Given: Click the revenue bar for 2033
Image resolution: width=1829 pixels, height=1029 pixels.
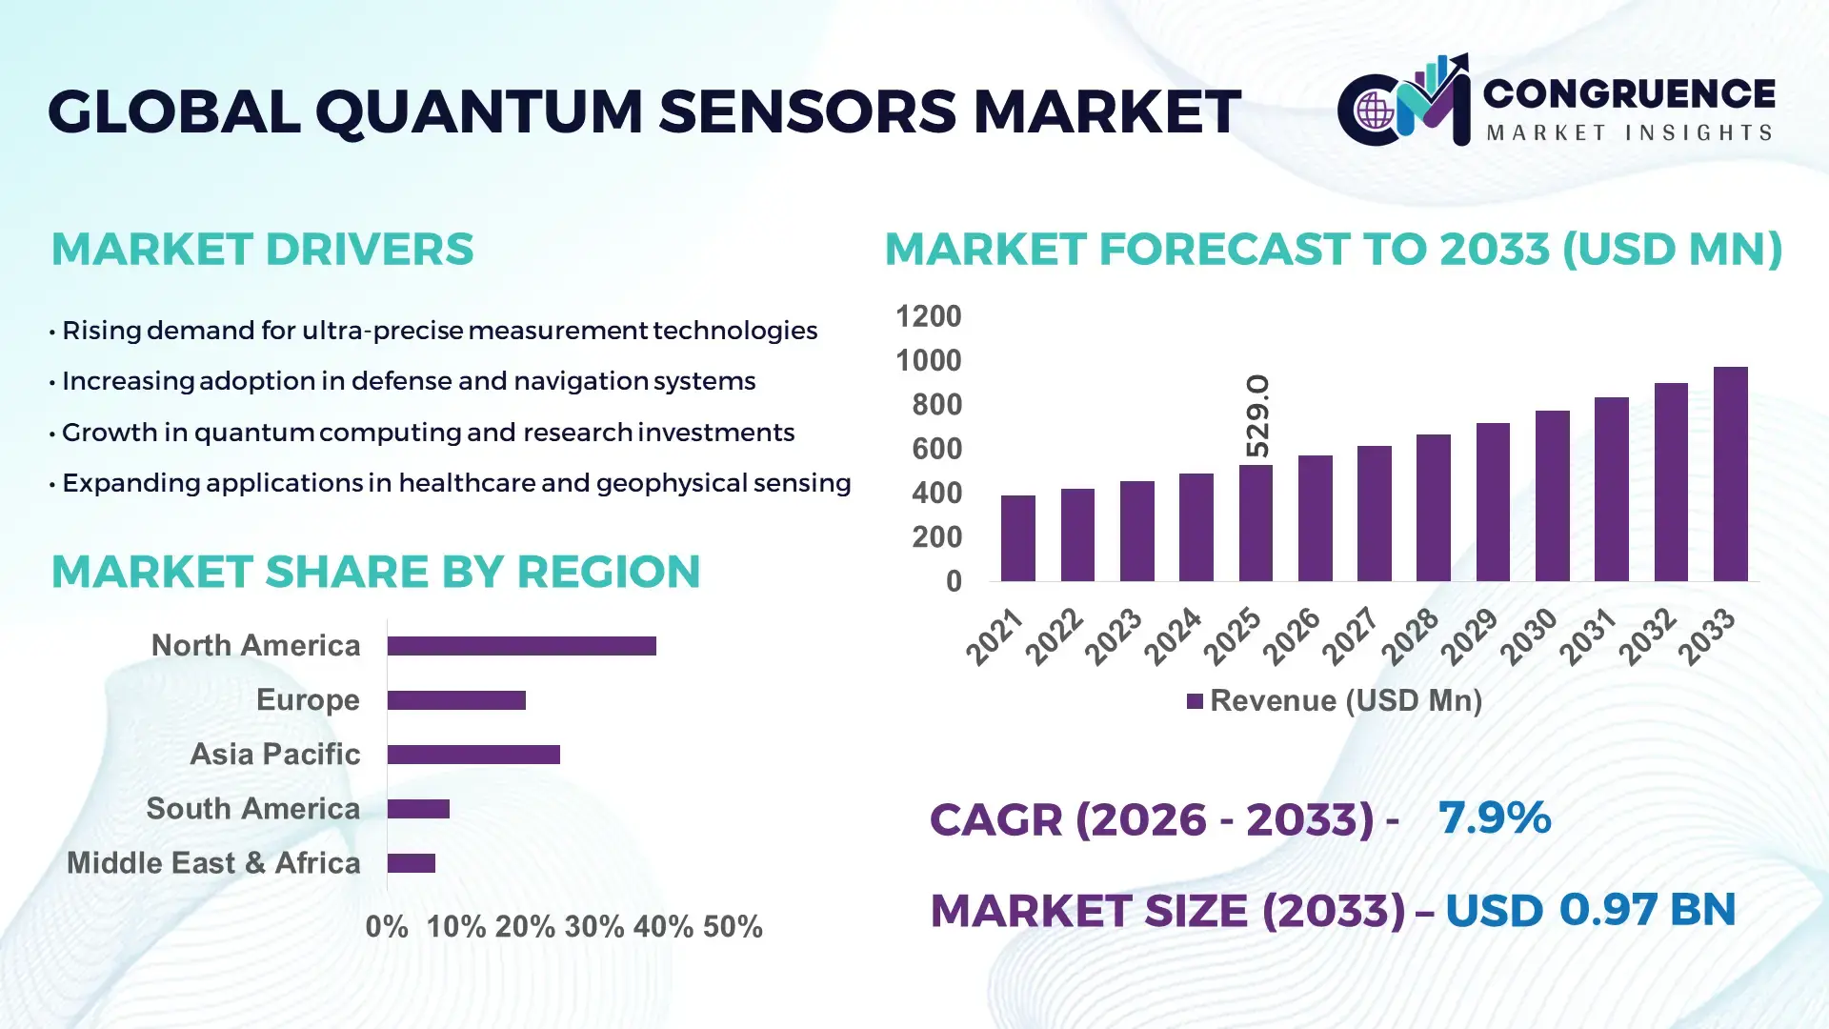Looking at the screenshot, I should tap(1730, 474).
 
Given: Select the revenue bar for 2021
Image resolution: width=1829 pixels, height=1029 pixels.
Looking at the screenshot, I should tap(1017, 538).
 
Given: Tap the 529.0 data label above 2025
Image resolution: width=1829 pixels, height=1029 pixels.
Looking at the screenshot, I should tap(1257, 416).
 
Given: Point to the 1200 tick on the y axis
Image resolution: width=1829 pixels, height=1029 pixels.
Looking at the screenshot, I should tap(928, 316).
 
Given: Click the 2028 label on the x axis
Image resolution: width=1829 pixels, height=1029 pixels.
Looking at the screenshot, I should tap(1410, 636).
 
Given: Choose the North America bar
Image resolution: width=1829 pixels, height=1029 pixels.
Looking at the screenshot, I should tap(521, 646).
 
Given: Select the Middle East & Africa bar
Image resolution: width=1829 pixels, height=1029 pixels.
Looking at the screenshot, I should tap(411, 863).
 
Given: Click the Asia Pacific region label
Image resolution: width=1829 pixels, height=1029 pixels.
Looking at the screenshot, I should tap(274, 755).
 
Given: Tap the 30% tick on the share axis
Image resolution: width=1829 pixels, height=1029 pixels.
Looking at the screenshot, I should tap(593, 927).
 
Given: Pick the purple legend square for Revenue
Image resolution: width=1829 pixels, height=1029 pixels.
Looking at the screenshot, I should tap(1195, 702).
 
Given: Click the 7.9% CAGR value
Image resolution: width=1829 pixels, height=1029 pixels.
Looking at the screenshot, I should tap(1494, 817).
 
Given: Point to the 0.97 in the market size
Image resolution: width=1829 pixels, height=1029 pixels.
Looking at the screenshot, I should tap(1608, 909).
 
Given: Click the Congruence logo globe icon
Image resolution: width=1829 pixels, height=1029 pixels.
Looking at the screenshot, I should tap(1375, 111).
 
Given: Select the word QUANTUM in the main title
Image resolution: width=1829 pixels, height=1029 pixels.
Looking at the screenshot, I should tap(479, 111).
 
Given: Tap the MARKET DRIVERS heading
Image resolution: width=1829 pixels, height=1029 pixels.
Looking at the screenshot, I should tap(262, 250).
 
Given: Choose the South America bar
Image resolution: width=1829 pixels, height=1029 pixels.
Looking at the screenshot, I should tap(418, 809).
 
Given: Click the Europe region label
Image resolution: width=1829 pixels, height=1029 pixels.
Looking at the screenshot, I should tap(308, 700).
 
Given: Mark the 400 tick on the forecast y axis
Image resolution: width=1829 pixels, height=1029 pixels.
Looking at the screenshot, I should tap(936, 494).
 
